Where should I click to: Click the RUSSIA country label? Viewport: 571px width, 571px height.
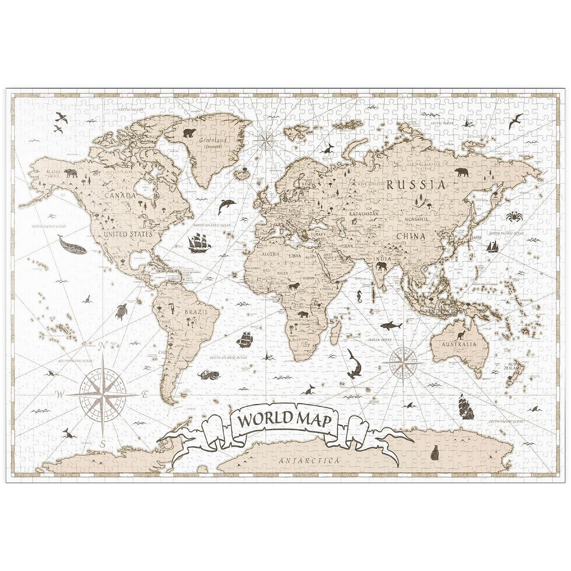click(416, 185)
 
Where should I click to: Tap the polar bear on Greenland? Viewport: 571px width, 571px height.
click(190, 133)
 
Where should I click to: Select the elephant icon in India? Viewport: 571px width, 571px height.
click(381, 266)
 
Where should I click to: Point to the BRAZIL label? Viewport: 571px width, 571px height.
click(196, 312)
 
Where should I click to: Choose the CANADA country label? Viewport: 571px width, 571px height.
click(120, 196)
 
